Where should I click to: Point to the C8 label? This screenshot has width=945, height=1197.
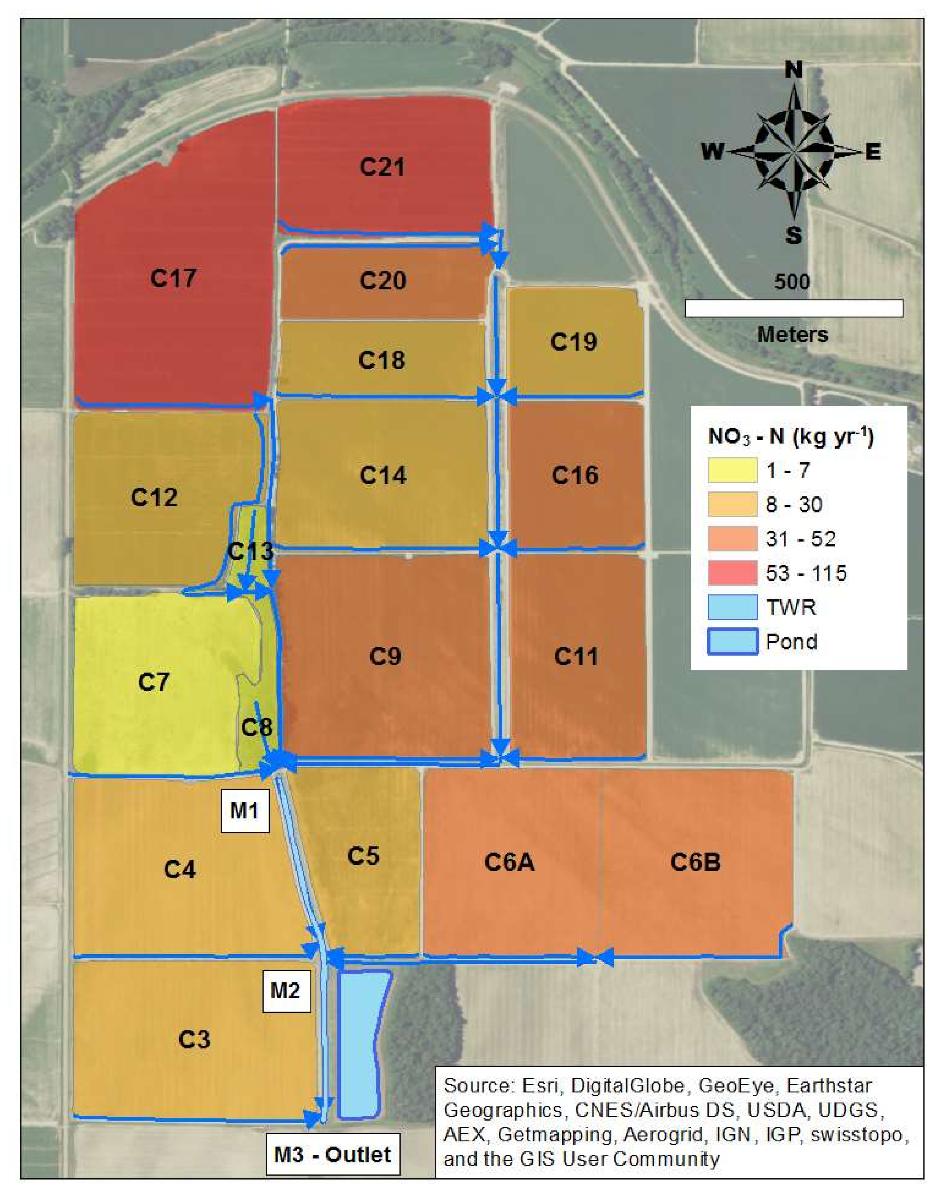pyautogui.click(x=257, y=726)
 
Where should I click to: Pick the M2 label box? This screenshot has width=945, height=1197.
pyautogui.click(x=285, y=990)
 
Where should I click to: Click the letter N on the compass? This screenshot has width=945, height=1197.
pyautogui.click(x=794, y=70)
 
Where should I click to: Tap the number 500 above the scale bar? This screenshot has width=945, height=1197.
pyautogui.click(x=792, y=282)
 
